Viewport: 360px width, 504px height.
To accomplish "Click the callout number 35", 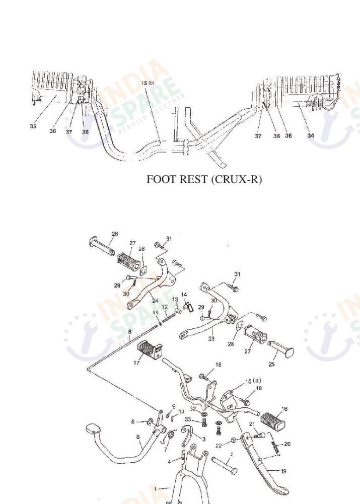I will coord(33,127).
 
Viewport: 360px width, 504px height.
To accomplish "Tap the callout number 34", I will coord(311,135).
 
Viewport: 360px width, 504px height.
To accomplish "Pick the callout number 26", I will coord(115,234).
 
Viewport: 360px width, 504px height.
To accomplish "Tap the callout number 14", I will coord(184,295).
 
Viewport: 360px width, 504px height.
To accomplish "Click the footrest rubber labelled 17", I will coord(148,348).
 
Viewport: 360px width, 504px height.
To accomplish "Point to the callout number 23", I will coord(211,339).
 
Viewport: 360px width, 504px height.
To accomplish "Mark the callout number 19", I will coord(283,471).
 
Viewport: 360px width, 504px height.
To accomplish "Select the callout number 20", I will coord(287,444).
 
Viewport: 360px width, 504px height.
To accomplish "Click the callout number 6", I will coord(139,437).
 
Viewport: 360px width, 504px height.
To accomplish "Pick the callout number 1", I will coord(156,488).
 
